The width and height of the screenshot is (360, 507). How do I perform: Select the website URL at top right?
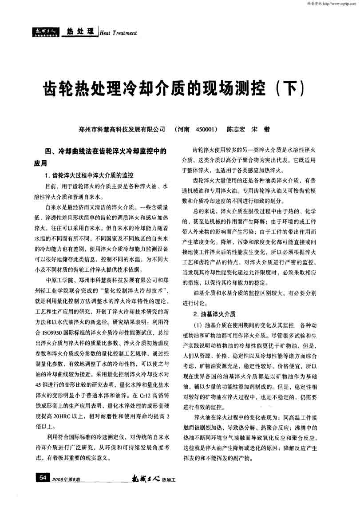click(x=337, y=4)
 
